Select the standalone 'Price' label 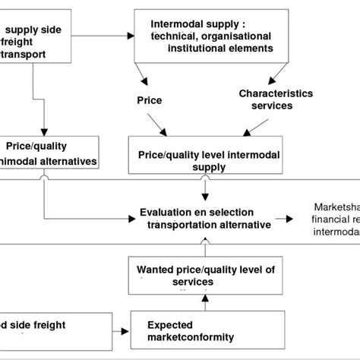[150, 99]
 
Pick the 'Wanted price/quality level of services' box [205, 274]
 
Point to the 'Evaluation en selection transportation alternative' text [197, 217]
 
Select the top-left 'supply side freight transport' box [37, 38]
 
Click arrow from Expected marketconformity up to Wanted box [204, 301]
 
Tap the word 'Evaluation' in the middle [166, 212]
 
